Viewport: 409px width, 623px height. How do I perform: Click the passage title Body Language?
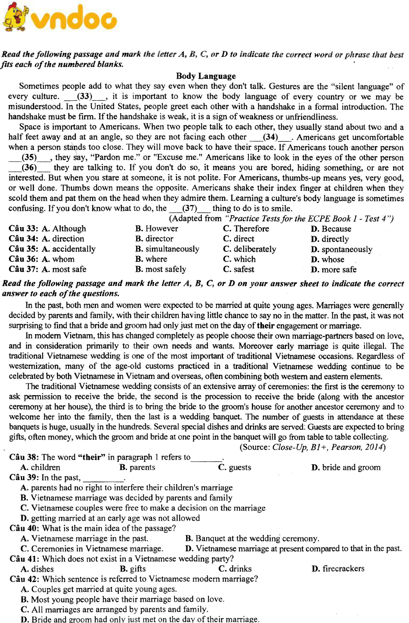205,76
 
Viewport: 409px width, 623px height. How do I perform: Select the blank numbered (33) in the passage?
84,97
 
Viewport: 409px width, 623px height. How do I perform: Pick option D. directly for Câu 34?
330,239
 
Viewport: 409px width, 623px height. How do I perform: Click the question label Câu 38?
24,457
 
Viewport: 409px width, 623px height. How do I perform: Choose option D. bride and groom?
346,467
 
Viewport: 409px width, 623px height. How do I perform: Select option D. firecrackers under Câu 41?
338,569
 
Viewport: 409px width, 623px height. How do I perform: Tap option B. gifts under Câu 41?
133,569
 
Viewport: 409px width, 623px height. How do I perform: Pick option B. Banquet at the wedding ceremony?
252,538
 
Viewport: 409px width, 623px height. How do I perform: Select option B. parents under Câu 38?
137,467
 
